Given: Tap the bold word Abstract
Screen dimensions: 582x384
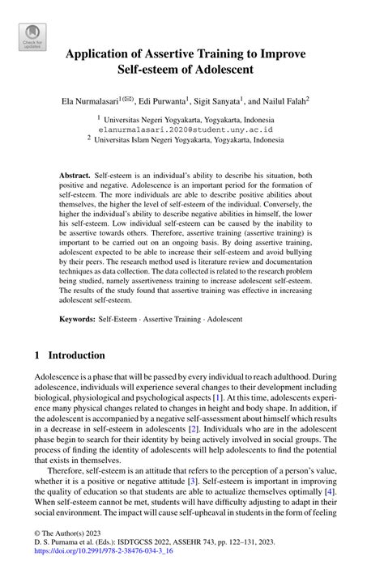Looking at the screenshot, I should pyautogui.click(x=75, y=176).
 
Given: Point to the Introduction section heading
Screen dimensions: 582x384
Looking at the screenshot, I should pyautogui.click(x=77, y=355).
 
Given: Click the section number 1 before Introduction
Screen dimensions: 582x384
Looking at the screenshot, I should pyautogui.click(x=38, y=355).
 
